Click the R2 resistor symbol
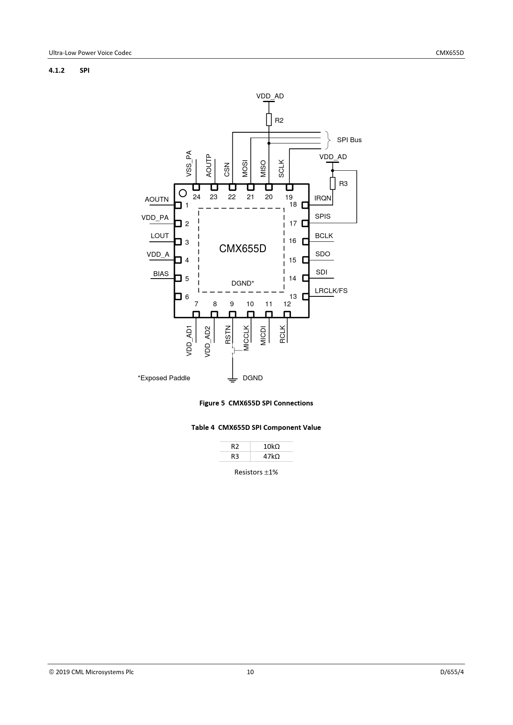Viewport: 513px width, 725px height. pos(269,120)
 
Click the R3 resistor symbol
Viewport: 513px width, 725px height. pos(333,183)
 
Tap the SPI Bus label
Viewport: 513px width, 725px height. pos(349,140)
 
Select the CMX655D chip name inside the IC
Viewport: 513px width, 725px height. pos(243,248)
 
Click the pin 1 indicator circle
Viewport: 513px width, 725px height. pos(183,193)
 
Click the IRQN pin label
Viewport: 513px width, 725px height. pos(323,198)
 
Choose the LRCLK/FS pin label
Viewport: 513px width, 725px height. pos(331,291)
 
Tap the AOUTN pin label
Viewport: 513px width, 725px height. pos(157,199)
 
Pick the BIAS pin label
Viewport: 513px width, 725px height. pos(161,274)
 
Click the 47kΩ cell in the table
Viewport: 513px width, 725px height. pos(272,456)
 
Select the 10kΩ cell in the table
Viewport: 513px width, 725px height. pos(272,446)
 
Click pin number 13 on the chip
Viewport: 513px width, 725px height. pos(293,296)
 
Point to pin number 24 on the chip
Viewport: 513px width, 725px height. pos(197,197)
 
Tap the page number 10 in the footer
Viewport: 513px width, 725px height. pos(251,672)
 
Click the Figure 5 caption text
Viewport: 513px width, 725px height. pos(256,403)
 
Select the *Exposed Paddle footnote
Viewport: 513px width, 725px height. pos(164,378)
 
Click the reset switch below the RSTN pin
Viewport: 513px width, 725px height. pos(234,351)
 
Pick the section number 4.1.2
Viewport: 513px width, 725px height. pos(57,70)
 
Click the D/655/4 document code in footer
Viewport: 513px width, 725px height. pos(452,672)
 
